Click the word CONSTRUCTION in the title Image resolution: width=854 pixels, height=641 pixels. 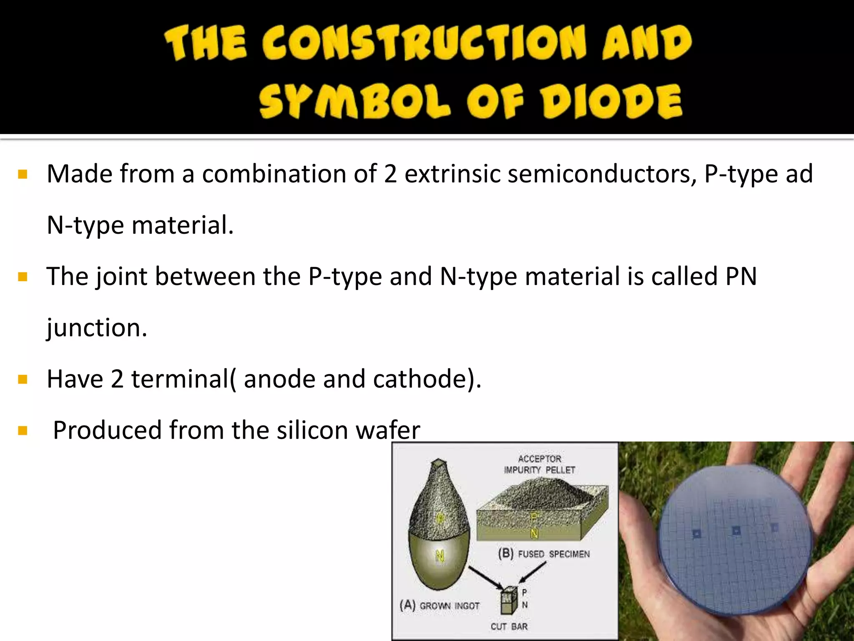[424, 43]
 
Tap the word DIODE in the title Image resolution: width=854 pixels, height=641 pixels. [612, 101]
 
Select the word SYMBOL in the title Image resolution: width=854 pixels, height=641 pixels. [355, 101]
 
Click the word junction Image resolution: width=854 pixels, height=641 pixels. [96, 328]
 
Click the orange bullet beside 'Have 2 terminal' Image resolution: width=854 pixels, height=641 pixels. [23, 379]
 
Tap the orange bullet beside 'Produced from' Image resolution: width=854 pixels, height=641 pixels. [23, 431]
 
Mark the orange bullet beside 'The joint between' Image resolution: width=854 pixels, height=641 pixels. [23, 277]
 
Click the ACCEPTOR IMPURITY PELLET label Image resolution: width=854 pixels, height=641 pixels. [540, 464]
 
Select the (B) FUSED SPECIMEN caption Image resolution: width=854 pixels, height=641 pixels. [544, 554]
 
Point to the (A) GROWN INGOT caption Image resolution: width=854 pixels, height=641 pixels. [440, 605]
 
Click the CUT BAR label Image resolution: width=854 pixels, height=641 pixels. [509, 626]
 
